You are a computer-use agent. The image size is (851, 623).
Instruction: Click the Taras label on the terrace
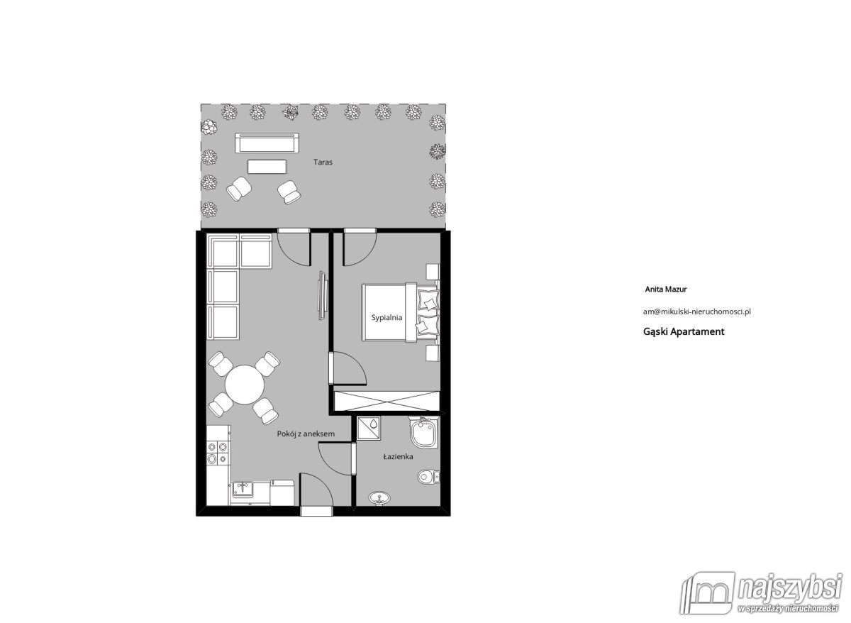[323, 162]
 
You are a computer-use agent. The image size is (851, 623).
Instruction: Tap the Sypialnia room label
[386, 318]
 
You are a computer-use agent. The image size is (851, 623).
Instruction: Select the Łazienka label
[398, 458]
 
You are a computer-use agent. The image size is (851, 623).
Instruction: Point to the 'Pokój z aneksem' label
[305, 434]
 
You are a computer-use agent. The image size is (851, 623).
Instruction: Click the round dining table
[245, 384]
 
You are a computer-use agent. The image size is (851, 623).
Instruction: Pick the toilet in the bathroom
[428, 476]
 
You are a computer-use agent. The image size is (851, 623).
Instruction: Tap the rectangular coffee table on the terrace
[267, 166]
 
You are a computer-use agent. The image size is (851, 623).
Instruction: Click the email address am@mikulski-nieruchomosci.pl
[696, 311]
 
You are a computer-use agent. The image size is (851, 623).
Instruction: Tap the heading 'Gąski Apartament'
[683, 331]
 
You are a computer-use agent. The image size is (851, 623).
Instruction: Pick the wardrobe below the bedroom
[386, 400]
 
